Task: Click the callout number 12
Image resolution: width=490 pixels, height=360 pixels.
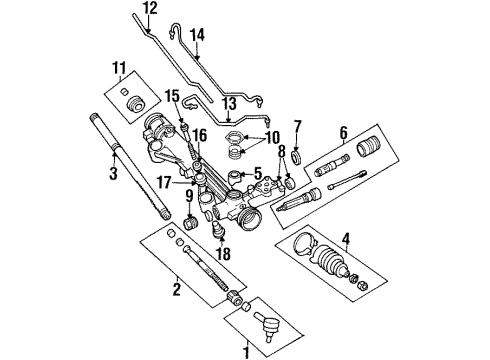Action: coord(149,9)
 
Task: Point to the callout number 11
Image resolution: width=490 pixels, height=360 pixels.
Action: coord(120,70)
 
